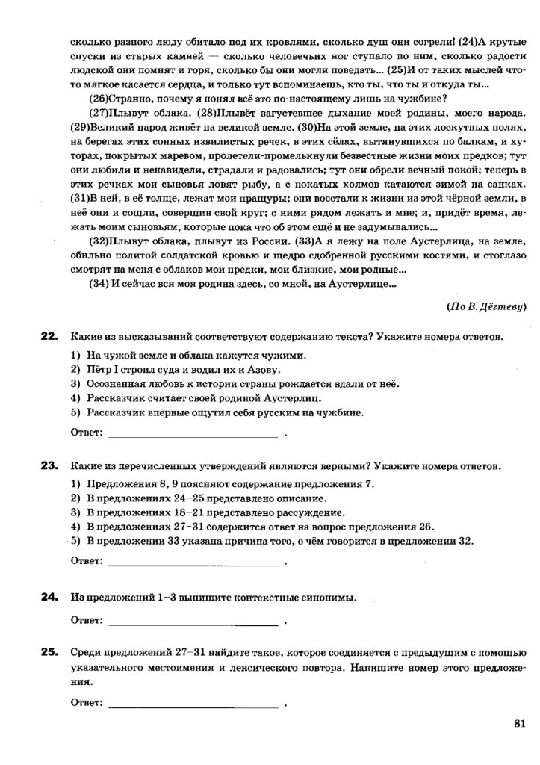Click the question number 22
49,337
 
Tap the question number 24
49,596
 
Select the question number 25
49,652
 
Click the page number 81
521,722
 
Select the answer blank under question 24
193,619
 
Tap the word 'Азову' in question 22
264,370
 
